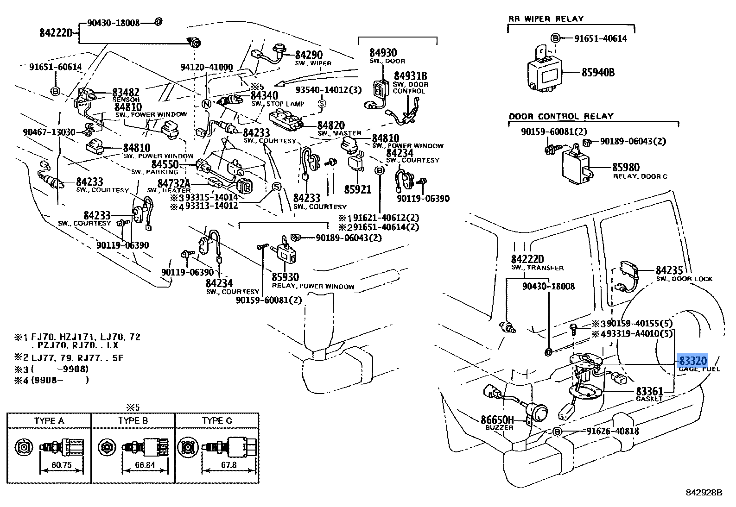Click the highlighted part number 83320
pos(693,361)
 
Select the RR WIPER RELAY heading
pos(546,19)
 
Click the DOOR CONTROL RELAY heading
pos(561,116)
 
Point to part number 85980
pos(626,167)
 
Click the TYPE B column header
pos(133,420)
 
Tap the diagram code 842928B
pos(704,492)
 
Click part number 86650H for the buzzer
pos(497,419)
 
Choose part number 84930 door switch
pos(383,53)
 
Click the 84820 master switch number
pos(331,125)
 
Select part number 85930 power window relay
pos(285,277)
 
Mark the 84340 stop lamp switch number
pos(264,95)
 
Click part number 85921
pos(357,189)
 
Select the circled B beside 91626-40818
pos(558,432)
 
